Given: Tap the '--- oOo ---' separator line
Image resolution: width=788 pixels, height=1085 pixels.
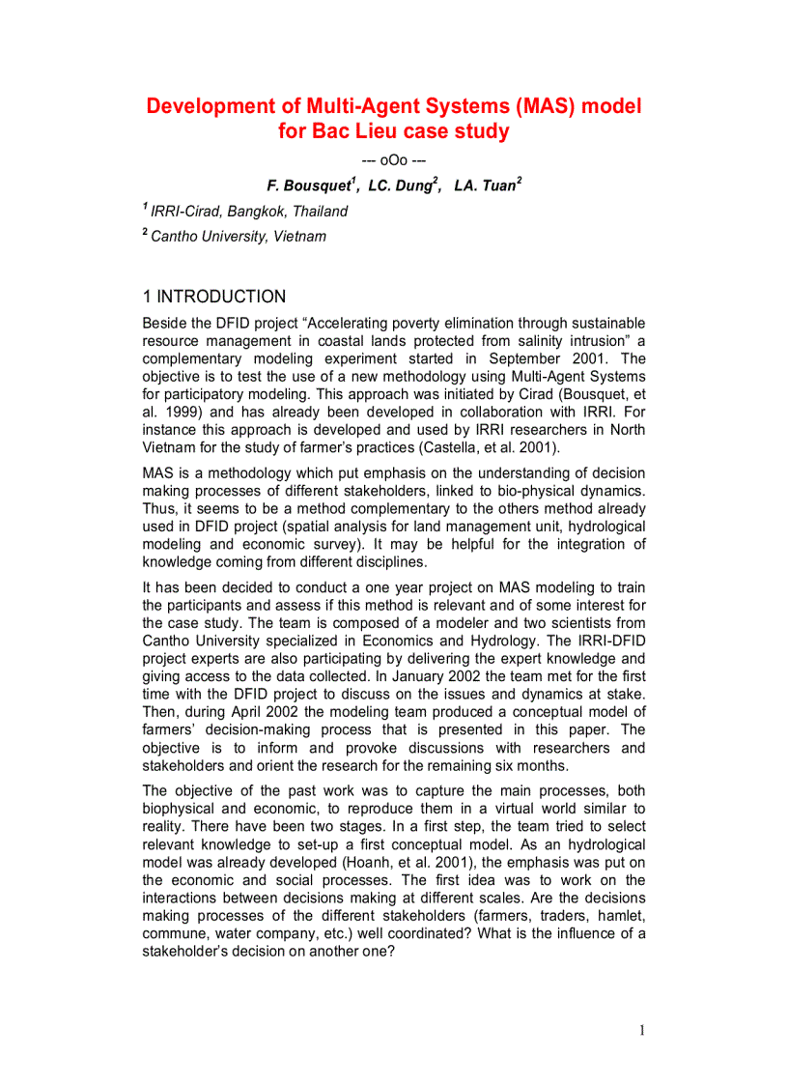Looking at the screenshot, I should [x=393, y=159].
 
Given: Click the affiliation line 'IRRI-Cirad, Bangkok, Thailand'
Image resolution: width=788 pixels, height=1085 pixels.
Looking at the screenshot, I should [x=249, y=211].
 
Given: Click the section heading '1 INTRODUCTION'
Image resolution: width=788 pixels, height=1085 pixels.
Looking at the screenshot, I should [x=213, y=297].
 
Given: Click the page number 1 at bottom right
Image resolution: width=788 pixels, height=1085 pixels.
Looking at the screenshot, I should [x=640, y=1030].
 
